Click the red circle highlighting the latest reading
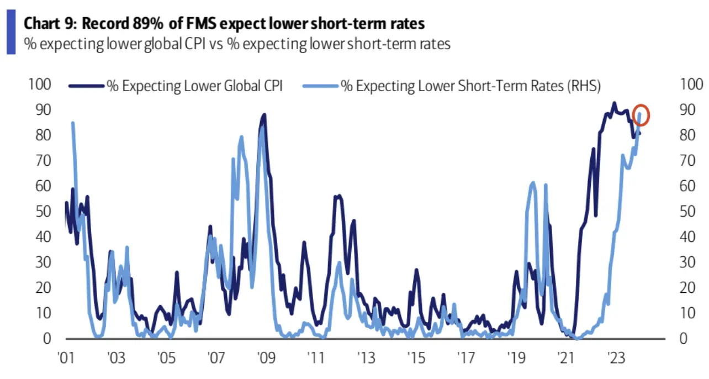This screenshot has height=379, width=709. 641,115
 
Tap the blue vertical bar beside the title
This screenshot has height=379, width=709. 10,34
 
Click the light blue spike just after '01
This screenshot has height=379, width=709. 73,123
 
